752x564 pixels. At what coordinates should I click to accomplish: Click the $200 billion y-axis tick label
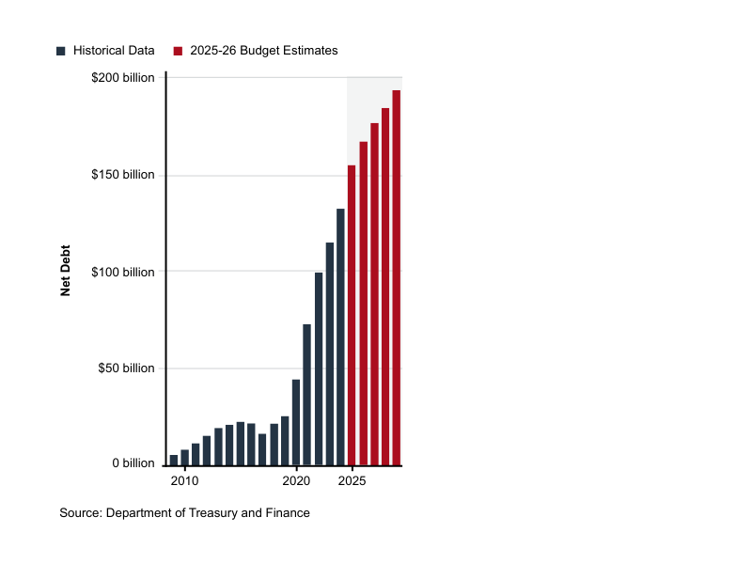point(122,78)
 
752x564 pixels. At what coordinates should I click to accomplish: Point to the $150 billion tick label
point(122,175)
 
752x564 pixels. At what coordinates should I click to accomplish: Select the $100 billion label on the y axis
point(122,272)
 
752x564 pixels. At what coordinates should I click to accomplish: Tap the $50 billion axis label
point(126,368)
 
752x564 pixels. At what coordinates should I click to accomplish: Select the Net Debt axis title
point(66,272)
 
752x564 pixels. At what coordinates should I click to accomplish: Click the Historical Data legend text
point(114,51)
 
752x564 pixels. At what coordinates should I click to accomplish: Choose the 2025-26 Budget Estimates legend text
point(263,51)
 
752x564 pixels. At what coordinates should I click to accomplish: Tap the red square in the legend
point(178,51)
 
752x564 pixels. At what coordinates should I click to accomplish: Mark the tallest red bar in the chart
point(397,277)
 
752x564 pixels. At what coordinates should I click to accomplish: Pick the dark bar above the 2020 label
point(296,422)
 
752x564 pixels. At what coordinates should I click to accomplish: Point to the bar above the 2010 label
point(185,458)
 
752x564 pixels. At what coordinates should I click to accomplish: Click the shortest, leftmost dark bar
point(174,460)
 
